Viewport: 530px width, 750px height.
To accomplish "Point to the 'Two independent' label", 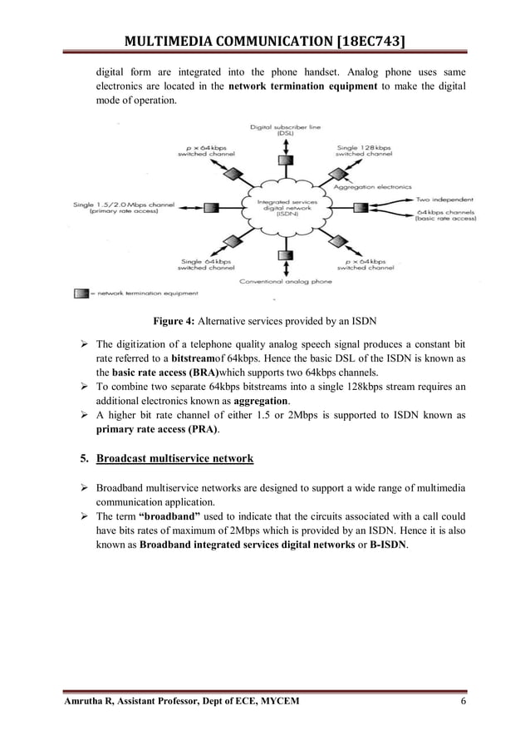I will click(444, 200).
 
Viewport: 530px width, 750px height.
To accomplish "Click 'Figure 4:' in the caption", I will click(171, 323).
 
